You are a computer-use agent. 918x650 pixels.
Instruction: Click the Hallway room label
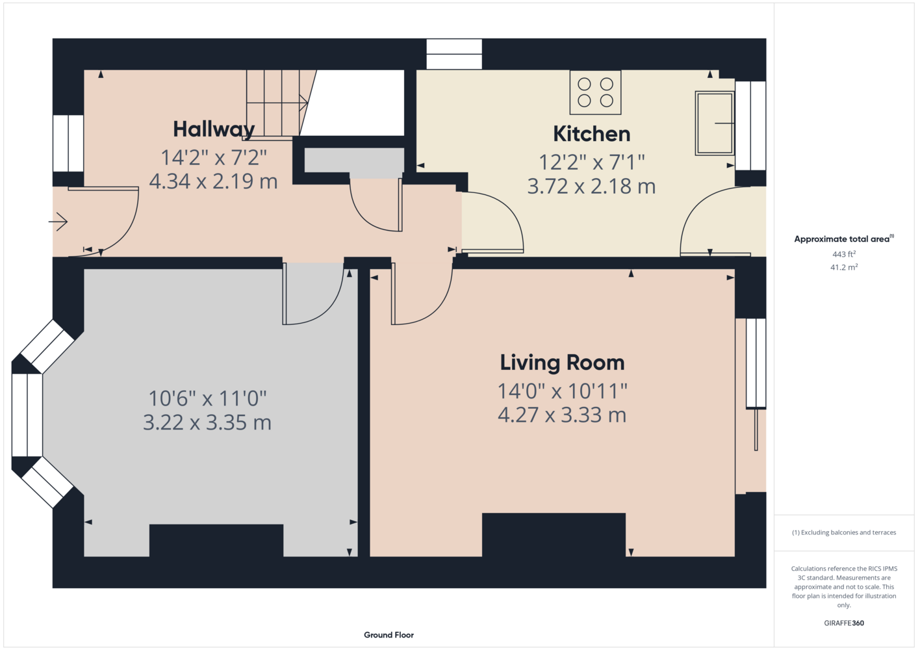(214, 129)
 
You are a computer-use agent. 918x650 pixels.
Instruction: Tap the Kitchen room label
(591, 134)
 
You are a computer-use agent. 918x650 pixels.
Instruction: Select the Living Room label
(562, 363)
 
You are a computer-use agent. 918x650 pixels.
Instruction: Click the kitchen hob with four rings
(595, 92)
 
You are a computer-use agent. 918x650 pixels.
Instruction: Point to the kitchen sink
(714, 123)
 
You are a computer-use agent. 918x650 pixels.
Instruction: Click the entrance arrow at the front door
(58, 222)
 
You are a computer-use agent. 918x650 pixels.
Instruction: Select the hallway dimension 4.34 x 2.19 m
(213, 181)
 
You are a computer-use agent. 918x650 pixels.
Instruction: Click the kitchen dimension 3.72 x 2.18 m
(591, 186)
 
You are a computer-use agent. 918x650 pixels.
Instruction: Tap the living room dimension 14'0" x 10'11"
(562, 391)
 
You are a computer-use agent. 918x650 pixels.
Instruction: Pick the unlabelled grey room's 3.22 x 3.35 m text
(207, 422)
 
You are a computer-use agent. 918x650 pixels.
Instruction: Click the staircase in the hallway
(281, 105)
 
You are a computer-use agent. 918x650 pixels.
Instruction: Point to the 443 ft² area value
(844, 254)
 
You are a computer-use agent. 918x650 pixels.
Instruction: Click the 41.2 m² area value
(844, 267)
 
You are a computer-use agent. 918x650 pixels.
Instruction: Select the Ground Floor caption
(389, 635)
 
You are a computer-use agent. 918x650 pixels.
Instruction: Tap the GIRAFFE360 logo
(844, 623)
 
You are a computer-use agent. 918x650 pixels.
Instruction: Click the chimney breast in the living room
(554, 535)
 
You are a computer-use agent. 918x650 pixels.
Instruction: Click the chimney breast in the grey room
(216, 541)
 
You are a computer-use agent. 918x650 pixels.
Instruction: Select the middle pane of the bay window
(27, 415)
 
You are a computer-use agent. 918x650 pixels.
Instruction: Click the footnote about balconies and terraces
(844, 533)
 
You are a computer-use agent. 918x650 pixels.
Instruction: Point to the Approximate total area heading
(844, 239)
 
